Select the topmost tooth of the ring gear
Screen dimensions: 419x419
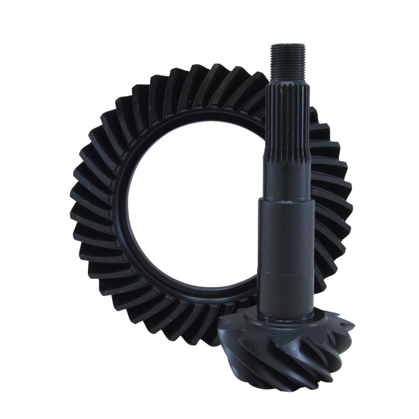point(210,73)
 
